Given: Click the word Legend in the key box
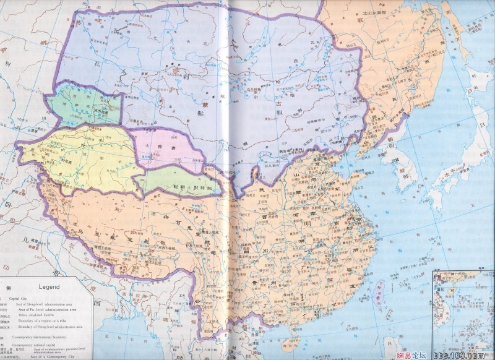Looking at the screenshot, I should pos(49,287).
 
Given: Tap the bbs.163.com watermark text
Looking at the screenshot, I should pos(455,354).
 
